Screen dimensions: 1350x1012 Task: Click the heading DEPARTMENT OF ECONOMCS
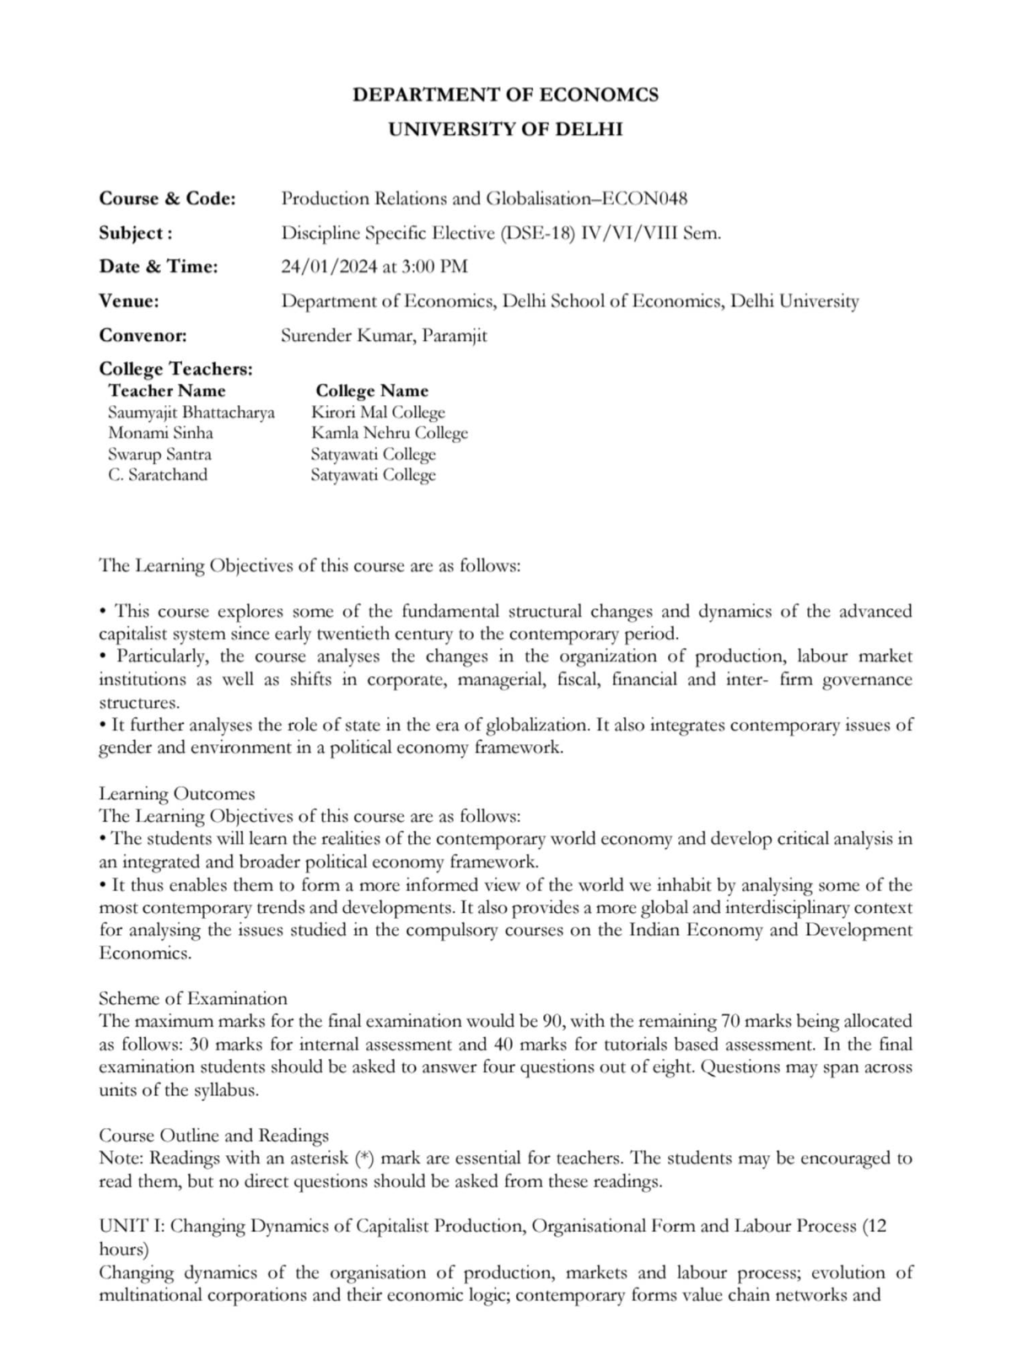click(505, 94)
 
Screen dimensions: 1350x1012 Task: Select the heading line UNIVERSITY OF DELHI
click(505, 129)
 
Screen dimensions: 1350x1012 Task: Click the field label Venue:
click(129, 300)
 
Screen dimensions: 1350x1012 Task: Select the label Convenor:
click(143, 335)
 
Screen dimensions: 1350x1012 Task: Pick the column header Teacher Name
click(167, 391)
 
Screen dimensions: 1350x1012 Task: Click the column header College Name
click(372, 391)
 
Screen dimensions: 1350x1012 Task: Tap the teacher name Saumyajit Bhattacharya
click(191, 413)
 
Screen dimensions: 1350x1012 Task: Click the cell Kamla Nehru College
click(389, 433)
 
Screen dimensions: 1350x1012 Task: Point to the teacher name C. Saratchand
click(158, 474)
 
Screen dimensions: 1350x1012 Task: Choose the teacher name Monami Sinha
click(160, 433)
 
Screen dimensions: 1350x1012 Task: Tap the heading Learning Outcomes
click(176, 793)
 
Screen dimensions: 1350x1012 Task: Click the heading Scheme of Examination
click(192, 998)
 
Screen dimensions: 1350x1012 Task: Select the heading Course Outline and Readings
click(213, 1135)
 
